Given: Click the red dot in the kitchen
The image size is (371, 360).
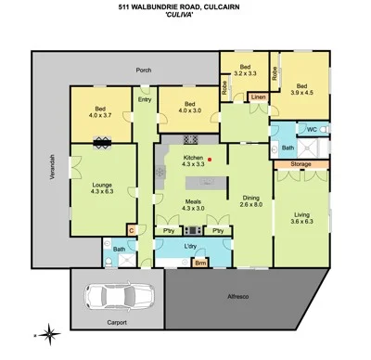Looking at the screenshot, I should tap(211, 160).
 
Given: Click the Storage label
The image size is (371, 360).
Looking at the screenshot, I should tap(300, 165).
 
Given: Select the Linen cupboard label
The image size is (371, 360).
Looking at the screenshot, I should tap(258, 96).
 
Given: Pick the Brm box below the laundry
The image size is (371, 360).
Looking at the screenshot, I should tap(199, 264).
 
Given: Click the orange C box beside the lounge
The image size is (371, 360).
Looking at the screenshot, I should tap(131, 229).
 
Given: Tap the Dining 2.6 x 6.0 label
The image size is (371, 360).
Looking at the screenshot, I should tap(250, 201).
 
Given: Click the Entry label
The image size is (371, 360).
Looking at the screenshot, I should tap(145, 99).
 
